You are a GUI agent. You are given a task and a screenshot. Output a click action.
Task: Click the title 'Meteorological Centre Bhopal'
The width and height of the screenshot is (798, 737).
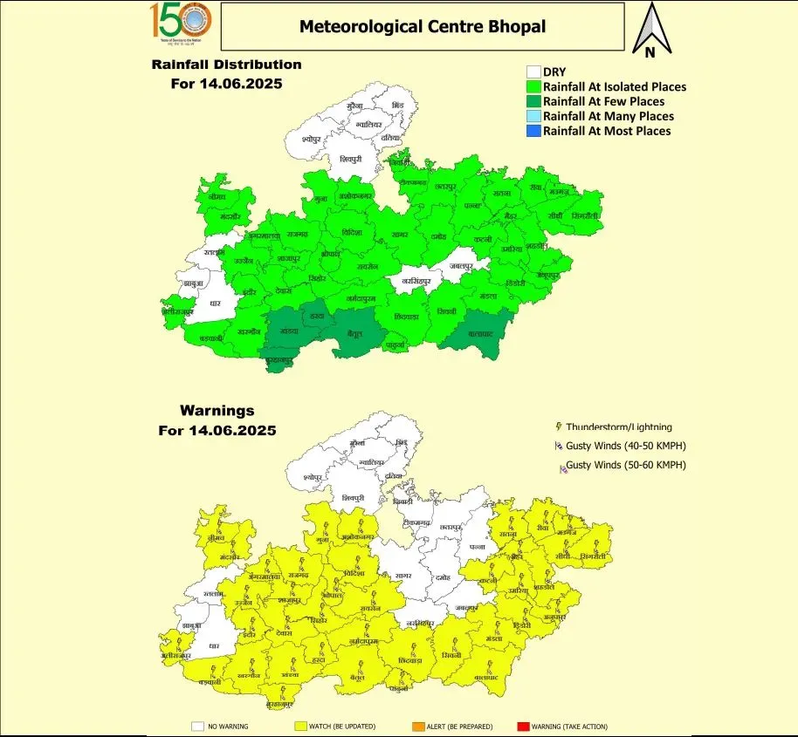[x=422, y=26]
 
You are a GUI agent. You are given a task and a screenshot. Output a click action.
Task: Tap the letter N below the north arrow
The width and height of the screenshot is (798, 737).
[x=650, y=52]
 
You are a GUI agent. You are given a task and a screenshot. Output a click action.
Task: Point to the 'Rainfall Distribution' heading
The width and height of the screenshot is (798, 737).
[x=226, y=65]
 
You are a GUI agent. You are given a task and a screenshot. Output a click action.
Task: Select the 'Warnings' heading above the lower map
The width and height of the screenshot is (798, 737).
[x=217, y=410]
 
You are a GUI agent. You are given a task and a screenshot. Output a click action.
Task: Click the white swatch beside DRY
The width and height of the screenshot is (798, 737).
[x=533, y=72]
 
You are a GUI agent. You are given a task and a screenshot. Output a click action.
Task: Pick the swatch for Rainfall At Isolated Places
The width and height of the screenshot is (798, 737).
[x=533, y=87]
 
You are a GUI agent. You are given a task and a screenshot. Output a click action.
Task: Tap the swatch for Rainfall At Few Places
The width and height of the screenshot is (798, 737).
[x=533, y=102]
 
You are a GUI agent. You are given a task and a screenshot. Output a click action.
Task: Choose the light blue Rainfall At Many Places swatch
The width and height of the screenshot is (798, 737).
[x=533, y=116]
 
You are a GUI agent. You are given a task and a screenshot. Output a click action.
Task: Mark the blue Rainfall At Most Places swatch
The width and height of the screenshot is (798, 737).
[x=533, y=131]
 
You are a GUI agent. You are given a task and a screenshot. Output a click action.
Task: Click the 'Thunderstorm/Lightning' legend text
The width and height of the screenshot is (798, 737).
[x=619, y=427]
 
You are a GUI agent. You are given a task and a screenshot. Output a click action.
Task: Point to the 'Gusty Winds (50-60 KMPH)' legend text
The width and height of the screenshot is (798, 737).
[x=626, y=465]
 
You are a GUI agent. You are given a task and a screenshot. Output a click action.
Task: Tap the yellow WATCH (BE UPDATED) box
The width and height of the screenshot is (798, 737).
[x=301, y=726]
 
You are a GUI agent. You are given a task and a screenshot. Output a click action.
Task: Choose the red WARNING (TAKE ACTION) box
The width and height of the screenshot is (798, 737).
[x=524, y=726]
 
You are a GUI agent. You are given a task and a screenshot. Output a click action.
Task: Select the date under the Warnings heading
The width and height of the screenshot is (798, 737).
[x=217, y=430]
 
